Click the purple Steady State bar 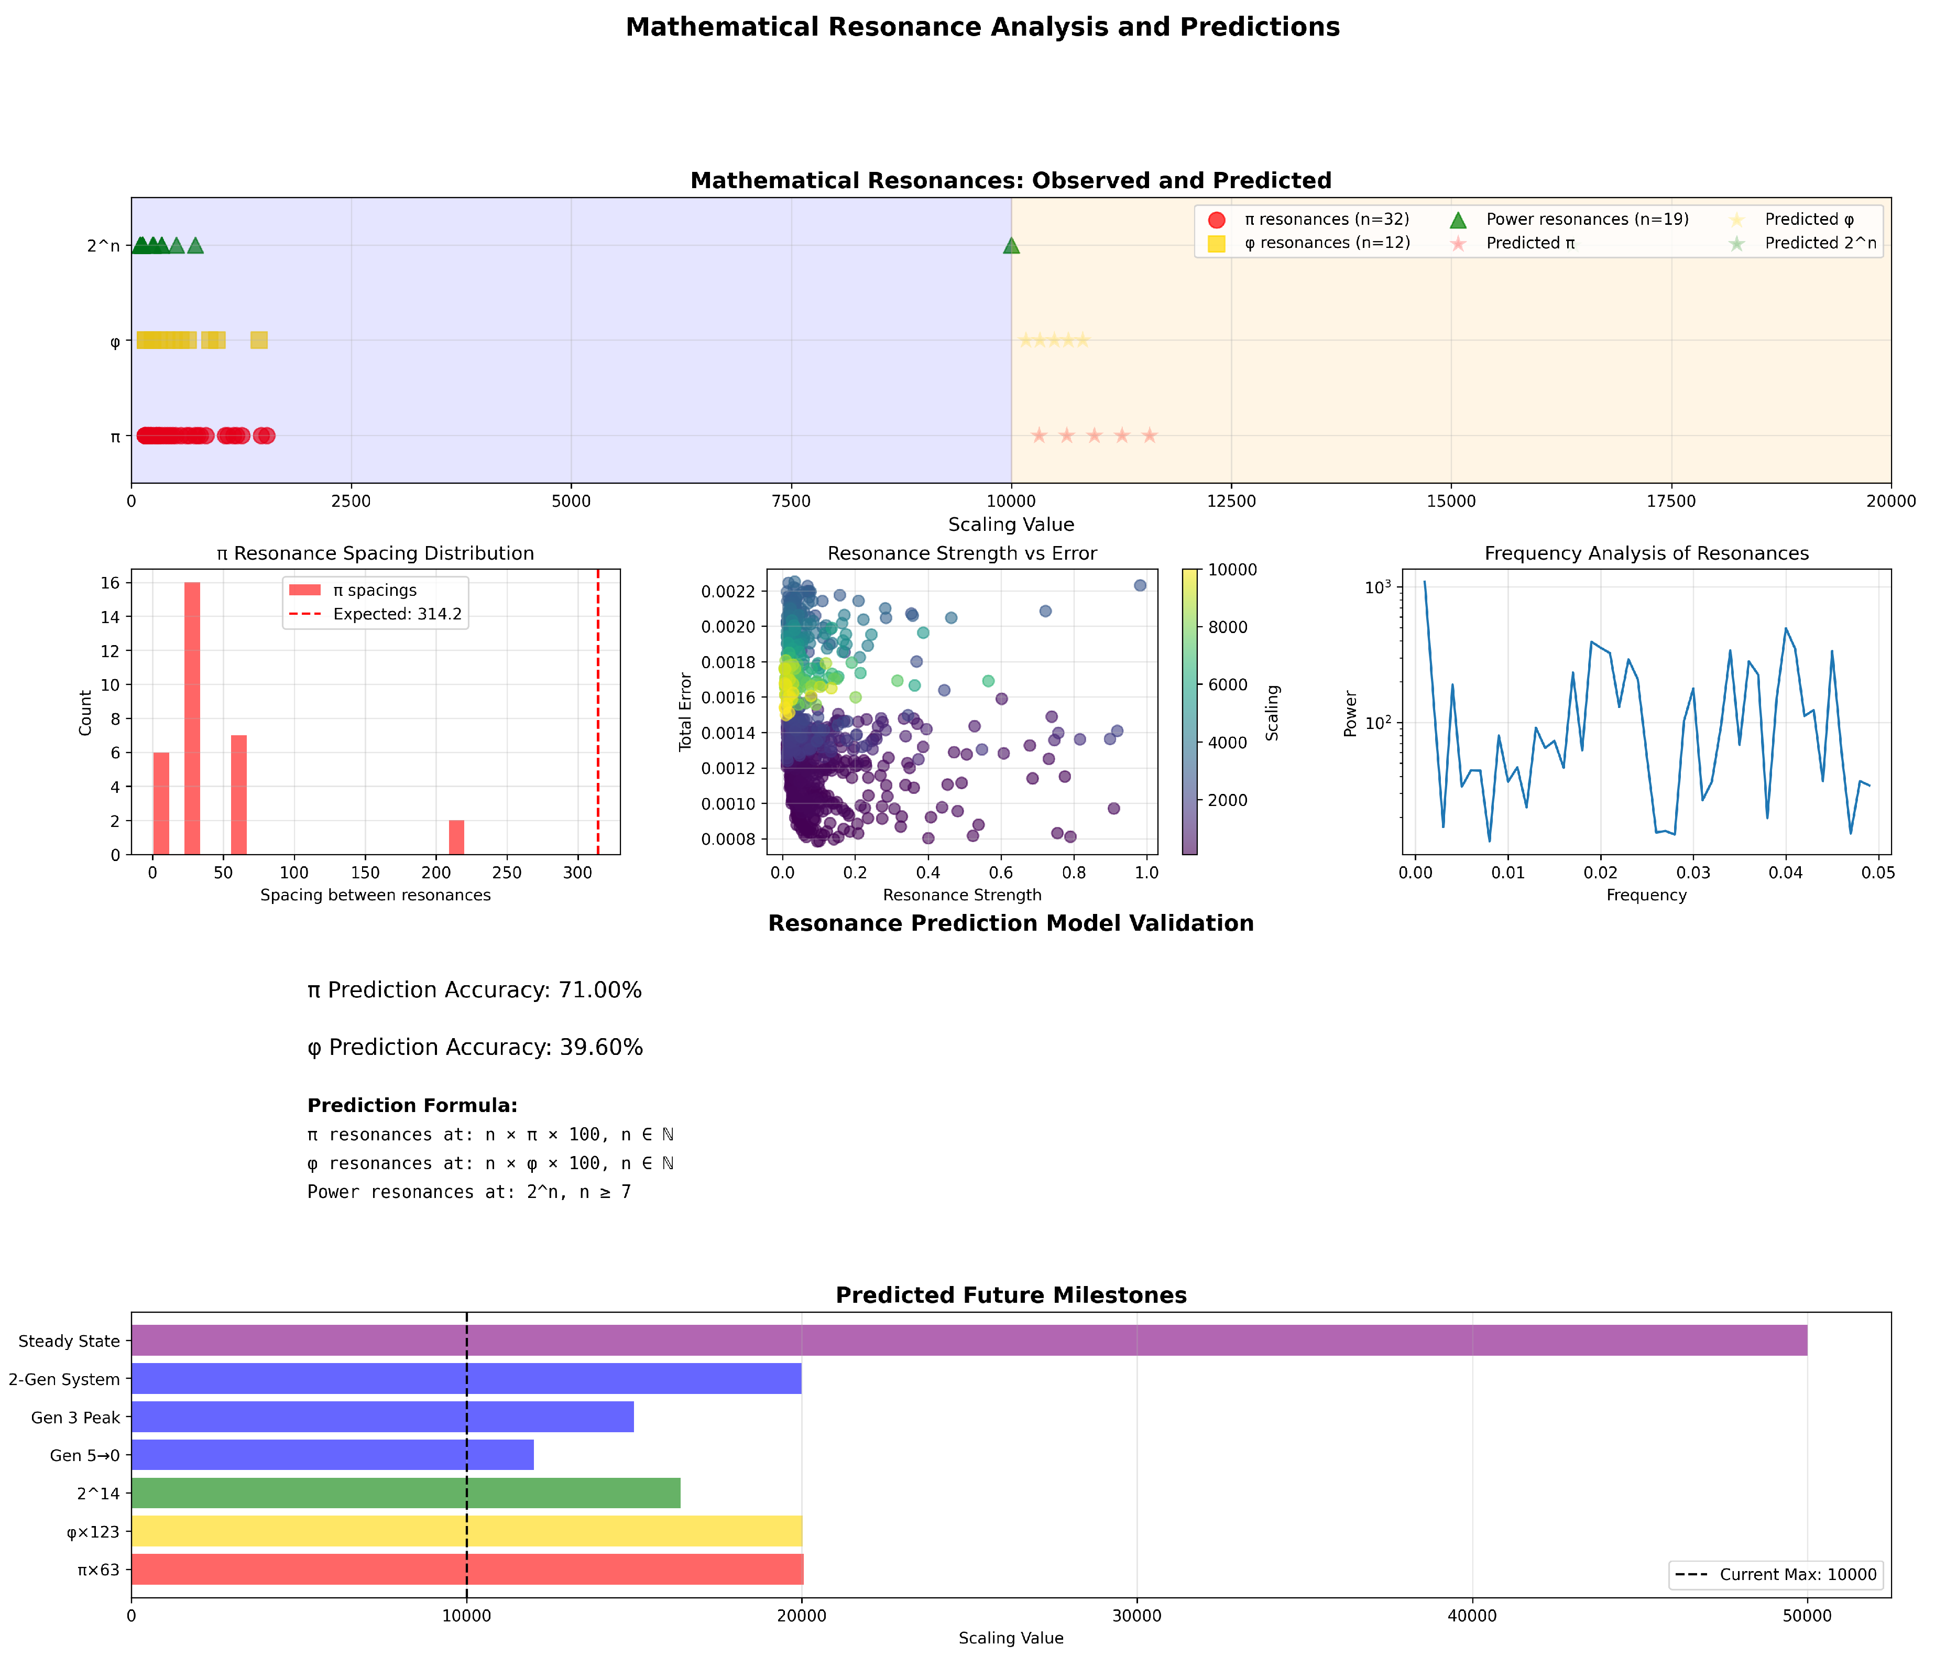(968, 1340)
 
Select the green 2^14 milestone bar (406, 1492)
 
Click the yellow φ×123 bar (466, 1531)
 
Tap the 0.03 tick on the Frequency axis (1693, 872)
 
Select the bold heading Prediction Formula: (412, 1106)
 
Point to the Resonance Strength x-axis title (962, 895)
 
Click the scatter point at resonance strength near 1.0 (1139, 585)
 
